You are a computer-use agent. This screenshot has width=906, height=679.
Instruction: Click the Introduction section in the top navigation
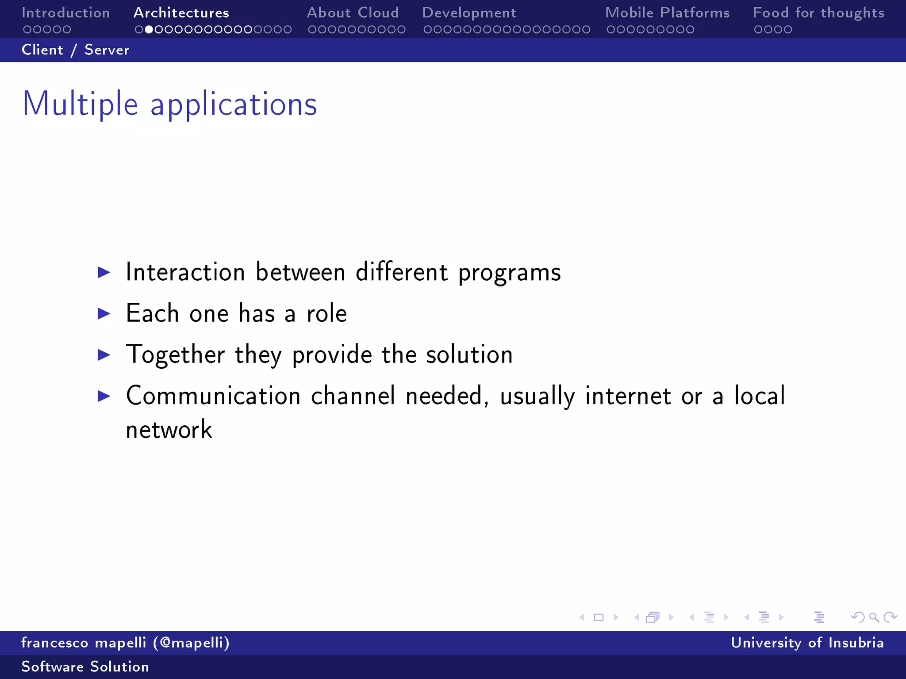coord(65,13)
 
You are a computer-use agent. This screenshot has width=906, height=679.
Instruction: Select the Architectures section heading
coord(181,13)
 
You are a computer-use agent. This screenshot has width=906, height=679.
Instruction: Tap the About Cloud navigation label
coord(353,13)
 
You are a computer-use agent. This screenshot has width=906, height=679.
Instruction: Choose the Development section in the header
coord(469,13)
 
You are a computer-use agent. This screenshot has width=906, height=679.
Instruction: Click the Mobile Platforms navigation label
coord(667,13)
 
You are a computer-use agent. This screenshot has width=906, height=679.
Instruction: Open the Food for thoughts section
coord(818,13)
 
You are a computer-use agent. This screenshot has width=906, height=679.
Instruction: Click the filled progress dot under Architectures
coord(149,30)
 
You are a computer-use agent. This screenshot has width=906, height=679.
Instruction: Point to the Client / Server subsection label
coord(75,50)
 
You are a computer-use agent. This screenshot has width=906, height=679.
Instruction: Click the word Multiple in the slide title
coord(80,104)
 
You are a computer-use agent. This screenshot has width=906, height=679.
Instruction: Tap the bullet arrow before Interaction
coord(104,272)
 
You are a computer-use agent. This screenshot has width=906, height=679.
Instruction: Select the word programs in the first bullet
coord(509,272)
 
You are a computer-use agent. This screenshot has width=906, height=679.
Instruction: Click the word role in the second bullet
coord(326,313)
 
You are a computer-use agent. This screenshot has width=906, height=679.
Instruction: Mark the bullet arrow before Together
coord(104,355)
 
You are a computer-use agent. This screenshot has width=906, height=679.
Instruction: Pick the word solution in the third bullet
coord(469,355)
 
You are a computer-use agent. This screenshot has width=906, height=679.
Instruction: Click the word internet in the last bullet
coord(628,396)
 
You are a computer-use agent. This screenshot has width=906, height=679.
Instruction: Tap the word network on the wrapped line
coord(169,430)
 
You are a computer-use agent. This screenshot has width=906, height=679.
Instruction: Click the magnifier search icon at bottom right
coord(874,617)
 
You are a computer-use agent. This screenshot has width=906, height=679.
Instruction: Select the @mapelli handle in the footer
coord(192,643)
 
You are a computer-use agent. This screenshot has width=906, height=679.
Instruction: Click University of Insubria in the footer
coord(807,643)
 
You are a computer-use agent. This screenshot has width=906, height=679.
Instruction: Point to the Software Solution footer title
coord(85,667)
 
